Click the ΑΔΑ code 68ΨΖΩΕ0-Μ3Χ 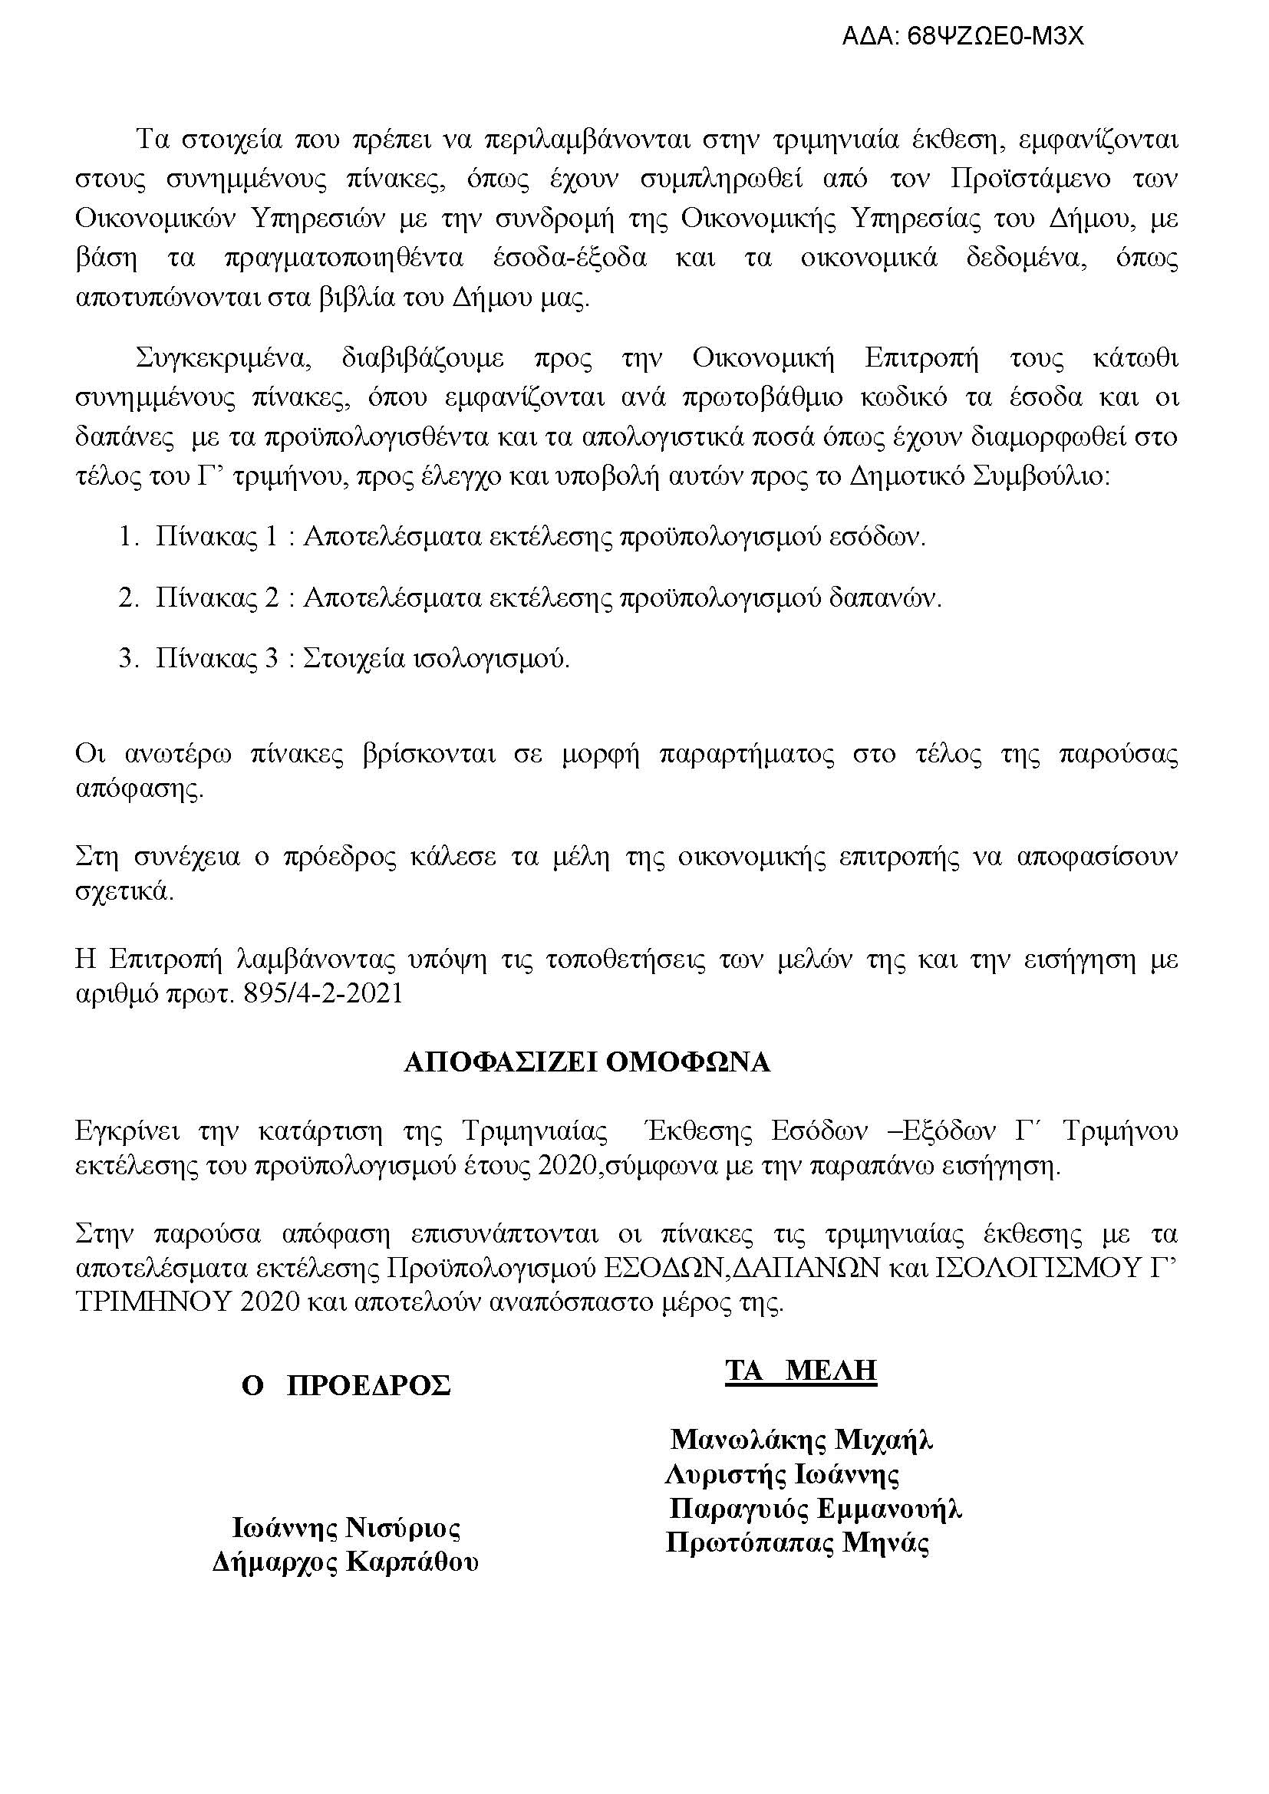[963, 37]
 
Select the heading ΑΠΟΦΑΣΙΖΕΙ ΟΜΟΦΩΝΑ [587, 1062]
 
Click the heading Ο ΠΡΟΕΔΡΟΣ [346, 1385]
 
